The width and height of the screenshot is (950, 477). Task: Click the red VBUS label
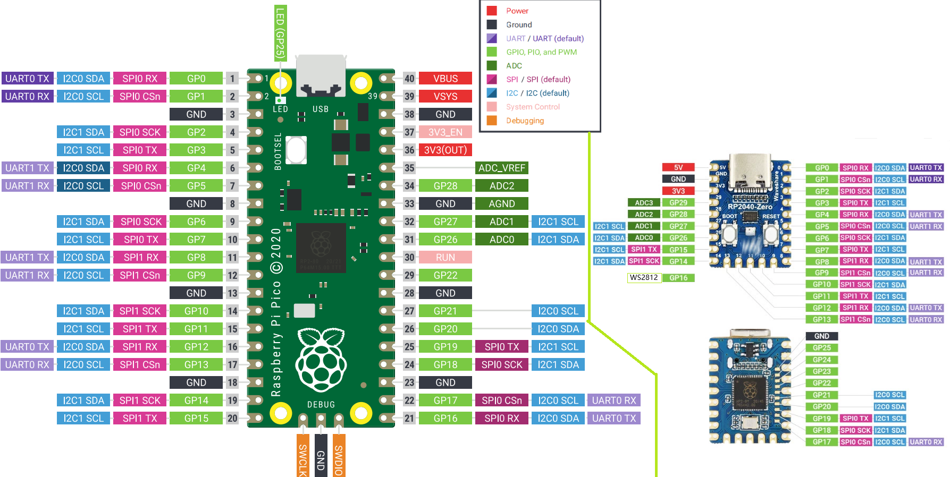click(x=445, y=79)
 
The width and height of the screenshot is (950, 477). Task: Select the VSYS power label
click(x=445, y=97)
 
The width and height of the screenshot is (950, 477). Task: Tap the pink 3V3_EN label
click(x=445, y=132)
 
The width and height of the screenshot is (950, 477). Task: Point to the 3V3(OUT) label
click(x=445, y=150)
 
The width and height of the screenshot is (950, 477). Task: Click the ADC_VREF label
click(x=501, y=168)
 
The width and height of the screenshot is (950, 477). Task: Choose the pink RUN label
click(x=445, y=258)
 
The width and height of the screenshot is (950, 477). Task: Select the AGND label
click(x=501, y=204)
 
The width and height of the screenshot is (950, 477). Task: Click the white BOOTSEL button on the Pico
click(x=296, y=150)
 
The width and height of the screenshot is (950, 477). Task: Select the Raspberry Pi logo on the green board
click(x=321, y=359)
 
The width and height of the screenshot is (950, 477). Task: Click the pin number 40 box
click(x=409, y=79)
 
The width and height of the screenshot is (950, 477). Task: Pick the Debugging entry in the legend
click(x=525, y=121)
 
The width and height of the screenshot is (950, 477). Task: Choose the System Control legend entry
click(x=533, y=107)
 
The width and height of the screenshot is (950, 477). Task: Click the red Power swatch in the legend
click(x=492, y=11)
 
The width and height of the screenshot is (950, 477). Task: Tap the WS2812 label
click(x=644, y=278)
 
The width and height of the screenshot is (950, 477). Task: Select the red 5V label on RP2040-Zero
click(x=678, y=167)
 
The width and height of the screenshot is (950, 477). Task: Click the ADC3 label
click(x=644, y=203)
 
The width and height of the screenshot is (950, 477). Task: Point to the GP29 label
click(x=678, y=203)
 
